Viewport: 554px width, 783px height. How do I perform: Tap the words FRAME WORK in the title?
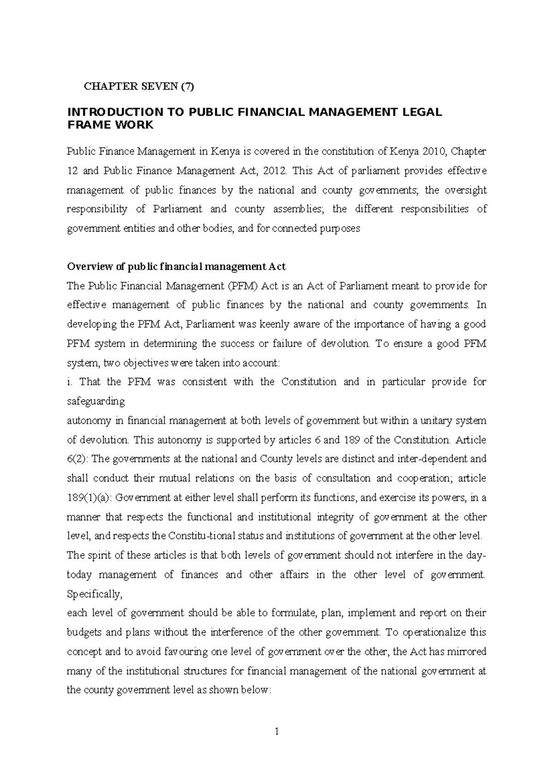tap(110, 125)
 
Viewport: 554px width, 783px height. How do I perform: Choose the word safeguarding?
tap(96, 401)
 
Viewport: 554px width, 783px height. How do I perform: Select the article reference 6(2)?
tap(79, 459)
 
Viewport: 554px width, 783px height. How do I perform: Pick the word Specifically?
tap(95, 594)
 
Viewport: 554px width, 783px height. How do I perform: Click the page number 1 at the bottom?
tap(277, 732)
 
